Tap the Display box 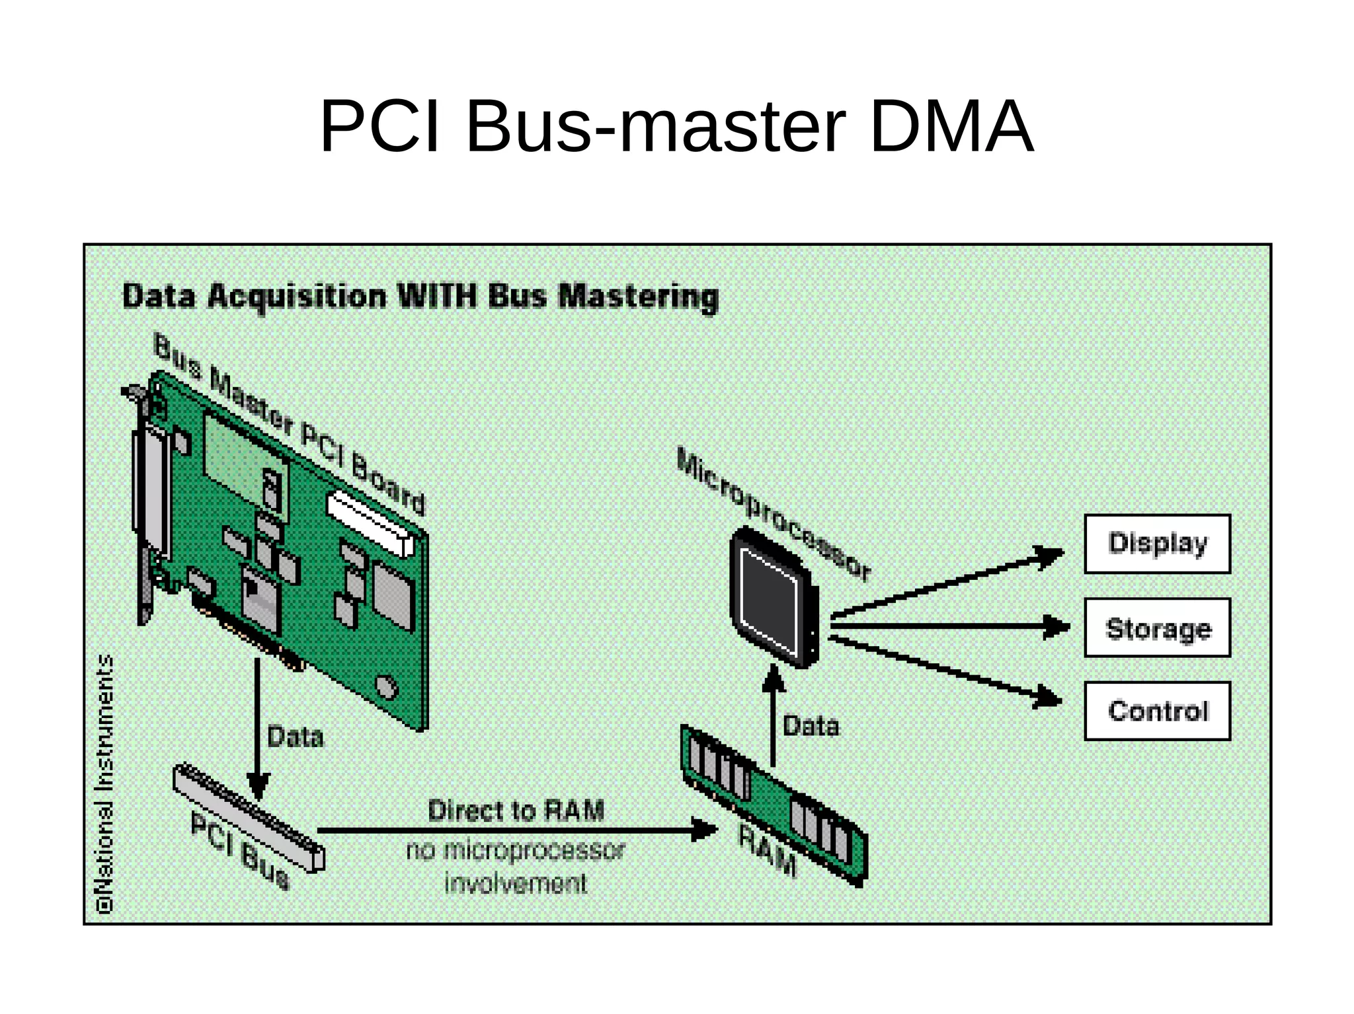(x=1157, y=544)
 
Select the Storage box (x=1157, y=628)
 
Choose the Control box (x=1157, y=711)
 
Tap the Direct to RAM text (x=516, y=811)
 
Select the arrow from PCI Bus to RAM (x=516, y=830)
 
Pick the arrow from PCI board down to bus (x=257, y=727)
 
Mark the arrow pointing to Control (x=945, y=669)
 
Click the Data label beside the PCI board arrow (x=295, y=737)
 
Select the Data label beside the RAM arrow (x=811, y=726)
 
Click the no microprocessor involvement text (x=516, y=866)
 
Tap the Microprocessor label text (x=774, y=515)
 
